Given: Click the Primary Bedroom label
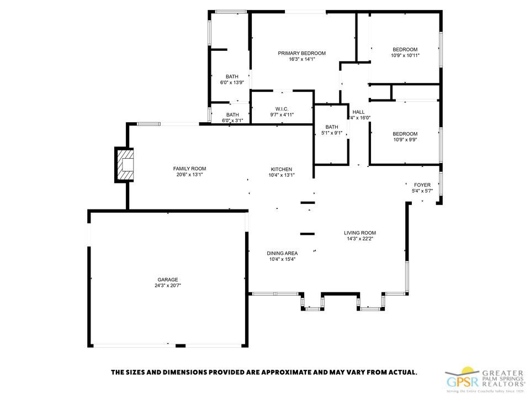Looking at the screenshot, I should (301, 53).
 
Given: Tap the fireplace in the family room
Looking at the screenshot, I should (125, 165).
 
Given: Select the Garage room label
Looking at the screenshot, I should (168, 280).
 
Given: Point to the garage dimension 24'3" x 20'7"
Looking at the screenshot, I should (168, 286).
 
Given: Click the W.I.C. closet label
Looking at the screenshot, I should (282, 108).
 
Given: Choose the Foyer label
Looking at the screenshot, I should (422, 185).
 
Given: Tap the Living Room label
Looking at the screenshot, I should (361, 233).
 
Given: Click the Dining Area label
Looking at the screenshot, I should (282, 253).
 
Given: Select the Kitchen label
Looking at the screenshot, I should (281, 169).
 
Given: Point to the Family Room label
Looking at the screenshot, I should (189, 169).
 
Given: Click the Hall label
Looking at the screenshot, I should (358, 112).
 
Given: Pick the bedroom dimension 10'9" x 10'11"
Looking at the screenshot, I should (405, 55).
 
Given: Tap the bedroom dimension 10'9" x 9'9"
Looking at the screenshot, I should (405, 140).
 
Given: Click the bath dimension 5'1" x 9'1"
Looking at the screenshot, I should (331, 133).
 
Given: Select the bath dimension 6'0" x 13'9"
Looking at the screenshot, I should (232, 82).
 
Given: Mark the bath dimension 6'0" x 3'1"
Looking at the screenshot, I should (232, 121).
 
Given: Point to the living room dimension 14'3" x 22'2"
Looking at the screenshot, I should (361, 239).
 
